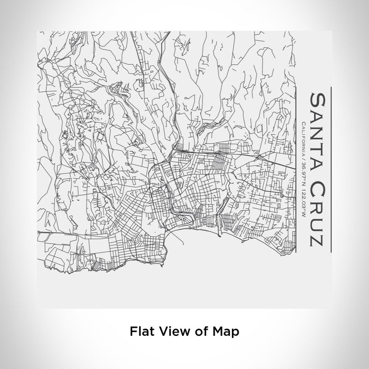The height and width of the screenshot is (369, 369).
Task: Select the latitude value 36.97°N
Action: [304, 171]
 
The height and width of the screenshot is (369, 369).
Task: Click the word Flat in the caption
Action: [140, 332]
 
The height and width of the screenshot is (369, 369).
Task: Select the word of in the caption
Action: [196, 332]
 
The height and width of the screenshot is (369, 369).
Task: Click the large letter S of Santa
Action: [318, 99]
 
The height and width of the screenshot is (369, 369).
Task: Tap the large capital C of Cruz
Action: [318, 188]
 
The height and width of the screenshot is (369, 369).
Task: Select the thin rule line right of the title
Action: [331, 169]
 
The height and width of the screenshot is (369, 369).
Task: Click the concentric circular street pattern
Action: [134, 241]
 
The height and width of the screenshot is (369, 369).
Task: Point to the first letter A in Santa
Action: [318, 112]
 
